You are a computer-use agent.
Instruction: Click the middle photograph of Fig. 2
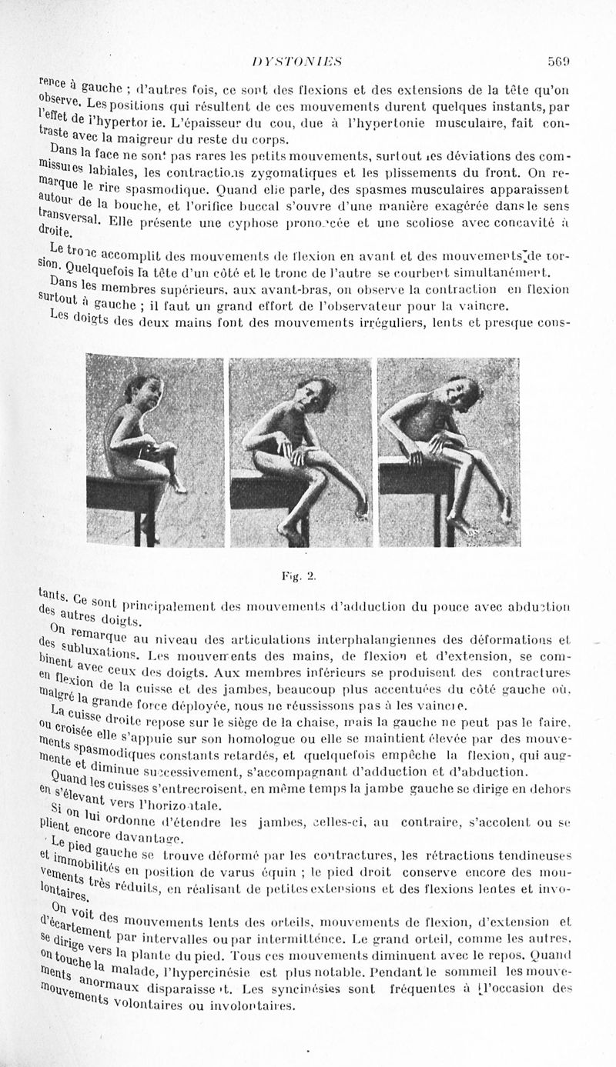click(x=301, y=452)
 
